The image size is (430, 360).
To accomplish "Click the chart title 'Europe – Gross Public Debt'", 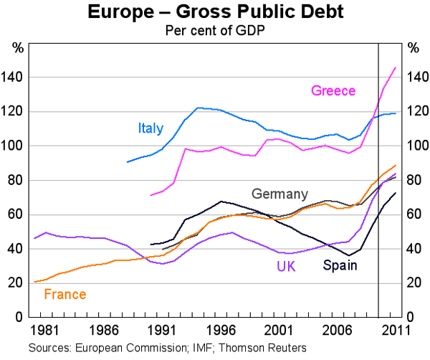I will click(214, 12).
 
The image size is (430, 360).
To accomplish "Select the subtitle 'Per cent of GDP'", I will click(214, 30).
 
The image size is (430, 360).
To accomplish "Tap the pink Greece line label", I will click(333, 90).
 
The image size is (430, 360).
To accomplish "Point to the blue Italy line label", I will click(150, 128).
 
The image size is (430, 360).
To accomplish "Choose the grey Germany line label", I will click(279, 194).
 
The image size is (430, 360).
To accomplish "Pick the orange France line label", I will click(64, 294).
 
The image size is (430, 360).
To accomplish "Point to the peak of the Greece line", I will click(395, 68).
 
